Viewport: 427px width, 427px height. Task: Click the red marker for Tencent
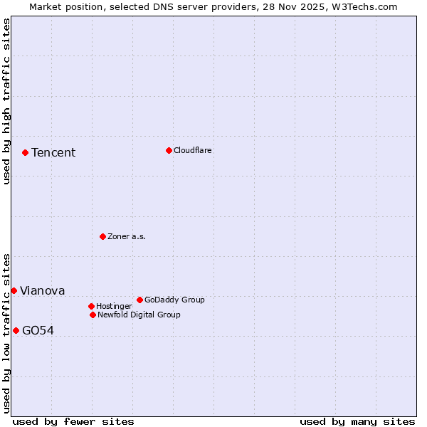(x=25, y=152)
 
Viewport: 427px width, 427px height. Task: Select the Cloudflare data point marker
(x=169, y=150)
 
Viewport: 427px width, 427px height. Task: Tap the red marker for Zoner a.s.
(x=102, y=236)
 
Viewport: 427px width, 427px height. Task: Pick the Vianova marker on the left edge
(x=14, y=290)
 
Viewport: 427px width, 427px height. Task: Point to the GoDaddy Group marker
(x=139, y=300)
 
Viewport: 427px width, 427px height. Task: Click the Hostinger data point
(x=91, y=306)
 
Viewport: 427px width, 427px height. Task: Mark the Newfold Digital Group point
(x=93, y=315)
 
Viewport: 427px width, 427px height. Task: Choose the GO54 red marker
(x=16, y=330)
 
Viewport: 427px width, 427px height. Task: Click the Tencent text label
(x=53, y=153)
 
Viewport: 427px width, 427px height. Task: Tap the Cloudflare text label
(x=193, y=151)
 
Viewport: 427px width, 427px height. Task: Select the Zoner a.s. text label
(x=127, y=237)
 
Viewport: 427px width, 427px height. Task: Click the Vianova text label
(x=43, y=291)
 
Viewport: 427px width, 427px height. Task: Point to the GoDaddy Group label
(x=174, y=300)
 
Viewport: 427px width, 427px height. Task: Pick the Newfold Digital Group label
(x=139, y=315)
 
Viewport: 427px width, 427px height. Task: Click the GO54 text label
(x=38, y=331)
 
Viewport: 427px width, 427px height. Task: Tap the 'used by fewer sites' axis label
(x=73, y=422)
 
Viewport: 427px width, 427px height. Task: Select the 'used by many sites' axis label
(x=357, y=422)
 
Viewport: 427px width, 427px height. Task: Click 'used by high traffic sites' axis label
(x=7, y=101)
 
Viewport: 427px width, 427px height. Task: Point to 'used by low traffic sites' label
(x=7, y=333)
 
